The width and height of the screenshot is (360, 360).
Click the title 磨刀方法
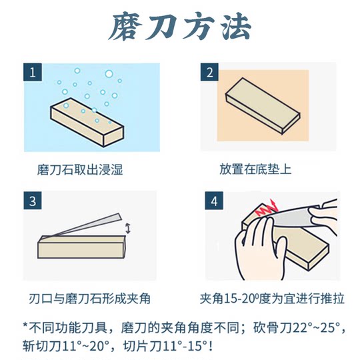(180, 29)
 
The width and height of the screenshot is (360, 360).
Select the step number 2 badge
(209, 73)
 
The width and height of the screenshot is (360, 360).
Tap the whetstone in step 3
(80, 247)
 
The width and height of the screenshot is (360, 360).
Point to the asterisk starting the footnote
(25, 327)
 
